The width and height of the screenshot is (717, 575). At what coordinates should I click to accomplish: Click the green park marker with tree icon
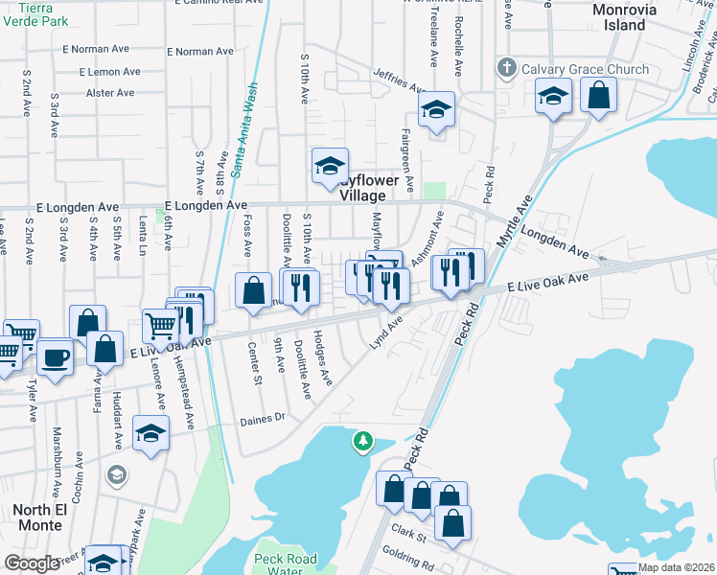point(362,441)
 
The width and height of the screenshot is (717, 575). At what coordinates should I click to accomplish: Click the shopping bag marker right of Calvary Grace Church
point(598,96)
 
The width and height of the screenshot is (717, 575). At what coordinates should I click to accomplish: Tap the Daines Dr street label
point(263,418)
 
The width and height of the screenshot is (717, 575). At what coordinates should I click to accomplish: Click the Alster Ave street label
point(110,93)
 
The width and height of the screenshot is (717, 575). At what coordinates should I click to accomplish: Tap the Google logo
point(33,563)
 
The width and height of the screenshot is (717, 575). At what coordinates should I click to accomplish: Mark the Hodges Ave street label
point(323,365)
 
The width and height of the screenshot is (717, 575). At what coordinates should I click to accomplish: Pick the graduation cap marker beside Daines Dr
point(150,434)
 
